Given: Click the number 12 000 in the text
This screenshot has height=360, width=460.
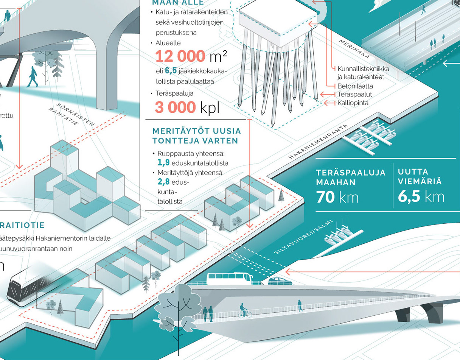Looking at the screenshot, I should [x=180, y=56].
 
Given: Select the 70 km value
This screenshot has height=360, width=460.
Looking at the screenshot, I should [x=337, y=197].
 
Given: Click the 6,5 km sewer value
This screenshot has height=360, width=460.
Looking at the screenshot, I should [x=421, y=197].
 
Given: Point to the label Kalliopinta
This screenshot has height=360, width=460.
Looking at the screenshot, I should [x=353, y=103].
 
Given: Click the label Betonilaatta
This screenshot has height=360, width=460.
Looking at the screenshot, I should [x=355, y=86].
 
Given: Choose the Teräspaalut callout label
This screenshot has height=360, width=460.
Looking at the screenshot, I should [x=354, y=95].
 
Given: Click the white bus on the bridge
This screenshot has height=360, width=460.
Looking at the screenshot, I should [x=229, y=279].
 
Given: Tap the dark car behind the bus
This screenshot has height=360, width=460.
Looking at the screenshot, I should [x=280, y=281].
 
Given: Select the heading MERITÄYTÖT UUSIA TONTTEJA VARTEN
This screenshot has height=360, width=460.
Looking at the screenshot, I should [x=196, y=136].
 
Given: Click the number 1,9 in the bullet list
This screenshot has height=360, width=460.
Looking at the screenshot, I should [x=163, y=163].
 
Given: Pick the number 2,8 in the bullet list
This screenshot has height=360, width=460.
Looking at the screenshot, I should [x=163, y=182].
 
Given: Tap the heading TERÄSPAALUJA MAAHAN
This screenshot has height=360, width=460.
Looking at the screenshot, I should [x=351, y=177].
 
